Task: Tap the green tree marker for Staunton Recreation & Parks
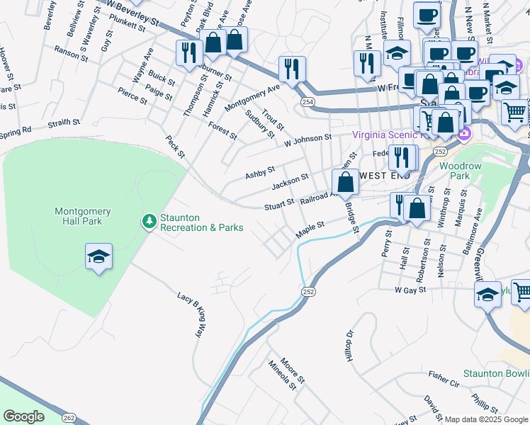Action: tap(149, 222)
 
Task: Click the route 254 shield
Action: tap(307, 103)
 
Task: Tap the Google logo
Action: tap(23, 416)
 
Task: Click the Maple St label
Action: tap(310, 229)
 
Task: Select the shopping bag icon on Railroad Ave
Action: tap(345, 182)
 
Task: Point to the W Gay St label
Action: tap(410, 290)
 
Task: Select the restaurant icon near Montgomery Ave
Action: tap(291, 69)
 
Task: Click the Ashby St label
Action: tap(259, 172)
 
